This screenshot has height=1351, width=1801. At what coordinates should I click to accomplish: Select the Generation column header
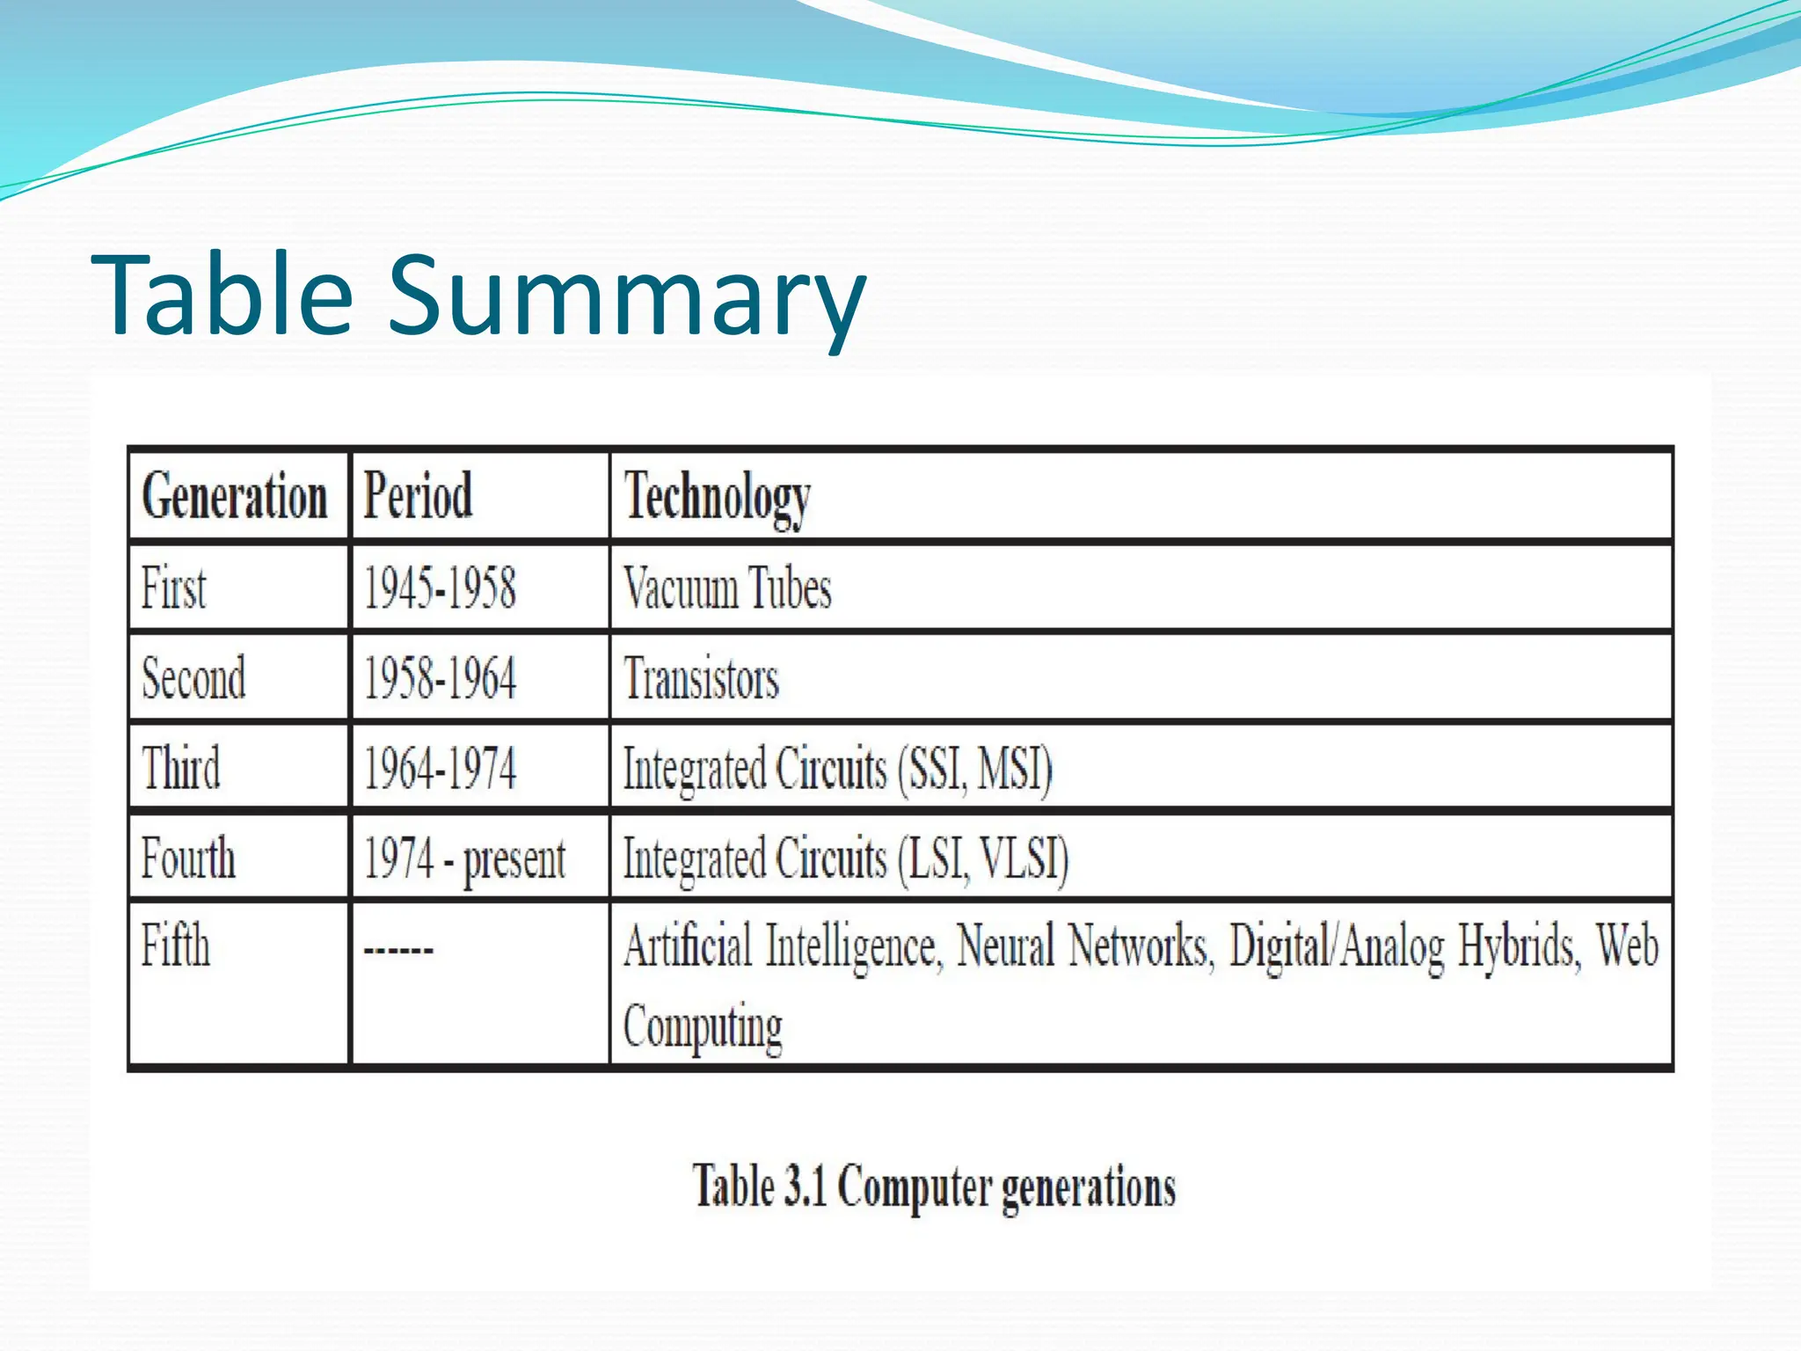[235, 496]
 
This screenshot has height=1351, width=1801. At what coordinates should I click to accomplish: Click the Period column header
[418, 496]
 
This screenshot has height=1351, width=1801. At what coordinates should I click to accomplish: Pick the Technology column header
[717, 498]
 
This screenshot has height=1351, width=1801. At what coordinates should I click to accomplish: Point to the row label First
[174, 588]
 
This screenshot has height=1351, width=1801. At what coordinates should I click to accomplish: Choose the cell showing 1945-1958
[440, 588]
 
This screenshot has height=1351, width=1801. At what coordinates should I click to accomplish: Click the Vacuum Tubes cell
[727, 588]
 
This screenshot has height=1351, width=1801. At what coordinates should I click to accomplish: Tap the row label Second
[193, 678]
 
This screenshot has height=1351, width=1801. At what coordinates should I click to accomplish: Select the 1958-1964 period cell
[440, 678]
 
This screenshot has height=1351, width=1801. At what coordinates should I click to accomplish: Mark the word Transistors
[701, 679]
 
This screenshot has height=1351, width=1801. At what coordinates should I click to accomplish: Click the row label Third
[181, 768]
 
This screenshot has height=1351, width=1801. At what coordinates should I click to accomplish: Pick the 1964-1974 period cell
[440, 768]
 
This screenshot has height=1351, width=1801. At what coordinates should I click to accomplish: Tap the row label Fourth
[188, 858]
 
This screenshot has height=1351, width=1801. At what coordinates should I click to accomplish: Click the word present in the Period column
[514, 859]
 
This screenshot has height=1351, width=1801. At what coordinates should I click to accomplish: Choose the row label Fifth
[176, 946]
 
